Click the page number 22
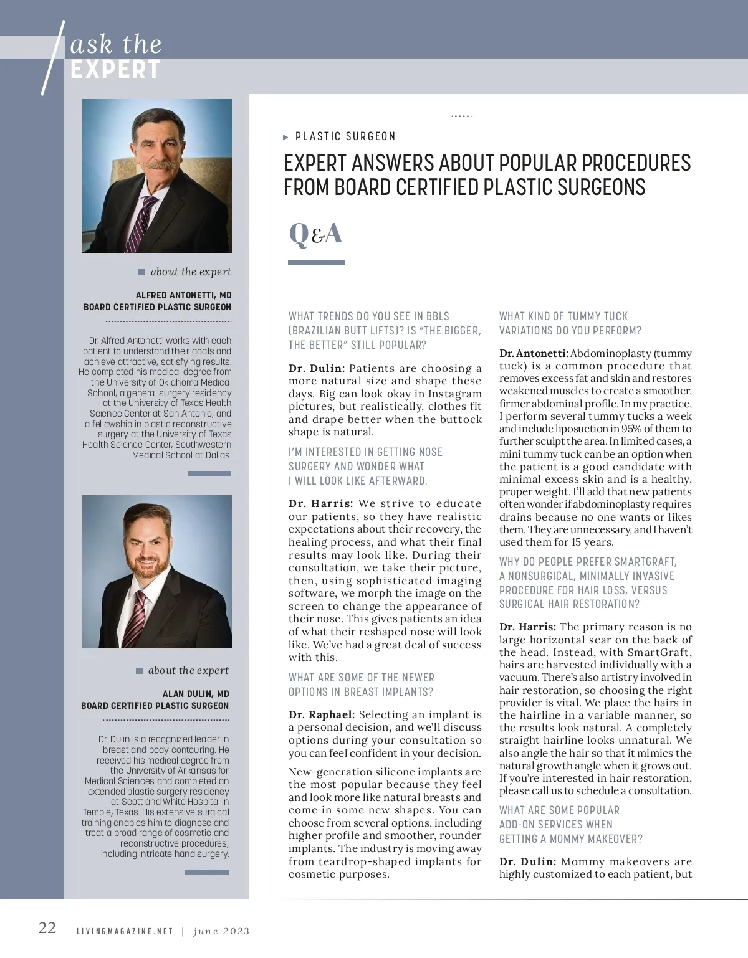click(x=47, y=928)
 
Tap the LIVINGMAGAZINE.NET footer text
click(x=124, y=932)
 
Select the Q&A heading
click(x=316, y=234)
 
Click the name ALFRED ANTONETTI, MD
click(x=183, y=295)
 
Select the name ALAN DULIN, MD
click(x=196, y=694)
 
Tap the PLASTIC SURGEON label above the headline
click(x=345, y=136)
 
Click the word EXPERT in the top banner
click(x=115, y=70)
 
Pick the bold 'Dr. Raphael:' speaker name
click(x=322, y=714)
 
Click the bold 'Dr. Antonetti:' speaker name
click(x=533, y=353)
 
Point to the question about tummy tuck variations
click(x=570, y=323)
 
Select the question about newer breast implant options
click(x=361, y=685)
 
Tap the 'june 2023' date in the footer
click(x=221, y=932)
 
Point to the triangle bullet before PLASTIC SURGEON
click(x=286, y=137)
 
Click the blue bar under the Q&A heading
click(x=316, y=263)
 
